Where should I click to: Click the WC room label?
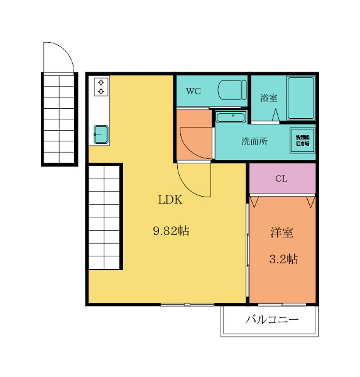[x=193, y=90]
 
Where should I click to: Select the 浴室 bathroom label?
[x=269, y=98]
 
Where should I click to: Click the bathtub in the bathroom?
[x=300, y=98]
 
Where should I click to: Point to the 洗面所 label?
[x=254, y=141]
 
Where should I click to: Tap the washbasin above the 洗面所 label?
[x=231, y=117]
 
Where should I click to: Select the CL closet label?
[x=281, y=178]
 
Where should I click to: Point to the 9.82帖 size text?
[x=171, y=231]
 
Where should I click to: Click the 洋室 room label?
[x=282, y=232]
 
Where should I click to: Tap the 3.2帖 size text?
[x=283, y=259]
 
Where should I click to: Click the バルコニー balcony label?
[x=271, y=320]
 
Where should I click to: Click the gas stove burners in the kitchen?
[x=101, y=87]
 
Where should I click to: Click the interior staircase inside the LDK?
[x=104, y=217]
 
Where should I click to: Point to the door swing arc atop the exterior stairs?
[x=59, y=57]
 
